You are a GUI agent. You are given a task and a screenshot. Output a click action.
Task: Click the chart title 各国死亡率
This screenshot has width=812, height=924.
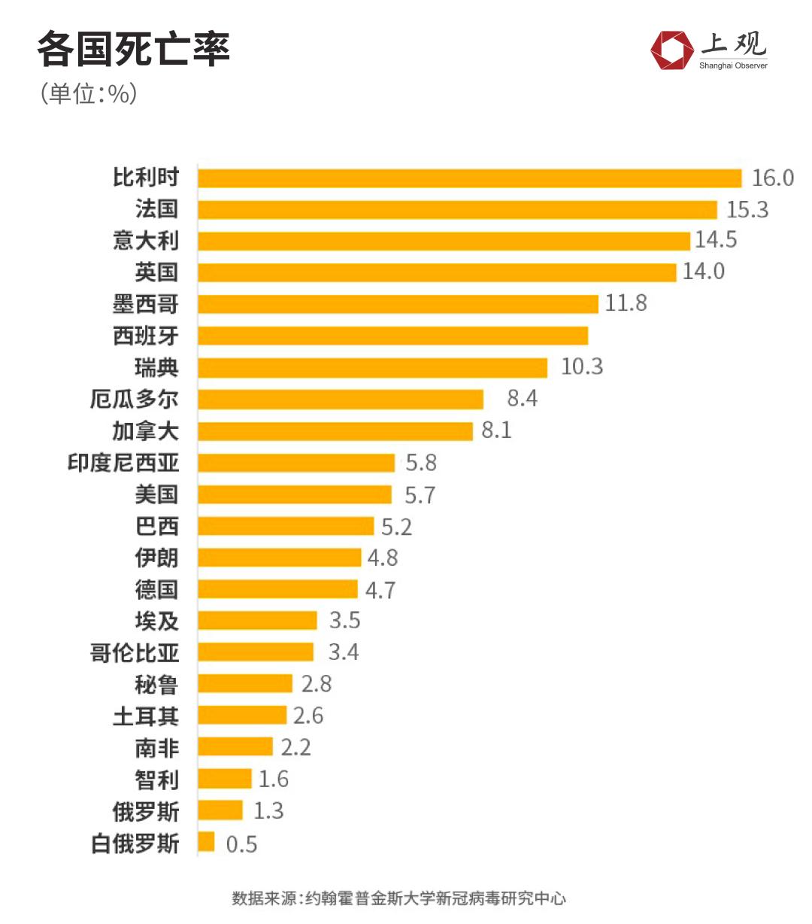click(133, 50)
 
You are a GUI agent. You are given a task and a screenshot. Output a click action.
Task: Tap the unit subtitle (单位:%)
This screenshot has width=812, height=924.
click(89, 94)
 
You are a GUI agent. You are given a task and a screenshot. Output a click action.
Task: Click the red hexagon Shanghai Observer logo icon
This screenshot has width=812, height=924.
click(671, 50)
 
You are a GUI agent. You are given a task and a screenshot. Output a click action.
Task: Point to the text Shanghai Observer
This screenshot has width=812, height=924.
click(733, 66)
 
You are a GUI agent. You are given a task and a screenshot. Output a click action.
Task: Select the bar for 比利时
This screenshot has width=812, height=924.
click(469, 178)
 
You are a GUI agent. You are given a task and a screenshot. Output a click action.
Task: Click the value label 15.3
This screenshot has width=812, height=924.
click(747, 210)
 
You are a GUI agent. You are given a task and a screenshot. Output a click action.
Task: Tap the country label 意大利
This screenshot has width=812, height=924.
click(146, 241)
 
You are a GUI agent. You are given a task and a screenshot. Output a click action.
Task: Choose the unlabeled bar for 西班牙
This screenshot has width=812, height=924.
click(392, 336)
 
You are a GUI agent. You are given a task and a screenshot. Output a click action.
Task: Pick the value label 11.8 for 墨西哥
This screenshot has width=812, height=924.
click(626, 303)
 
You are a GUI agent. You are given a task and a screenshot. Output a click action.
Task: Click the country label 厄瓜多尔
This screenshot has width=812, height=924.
click(135, 399)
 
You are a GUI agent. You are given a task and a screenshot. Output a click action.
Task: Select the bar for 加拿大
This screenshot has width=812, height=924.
click(335, 431)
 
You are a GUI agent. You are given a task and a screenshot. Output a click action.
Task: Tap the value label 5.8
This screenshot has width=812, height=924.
click(421, 463)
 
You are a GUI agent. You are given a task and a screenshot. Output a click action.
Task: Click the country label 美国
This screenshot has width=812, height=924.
click(156, 494)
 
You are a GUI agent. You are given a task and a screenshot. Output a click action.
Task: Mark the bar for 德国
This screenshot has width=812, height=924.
click(277, 589)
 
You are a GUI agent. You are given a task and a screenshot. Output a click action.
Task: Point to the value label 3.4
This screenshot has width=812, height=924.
click(344, 652)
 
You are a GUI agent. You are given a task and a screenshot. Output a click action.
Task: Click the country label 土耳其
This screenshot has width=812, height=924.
click(146, 716)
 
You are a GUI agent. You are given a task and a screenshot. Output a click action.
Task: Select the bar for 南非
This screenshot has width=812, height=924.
click(235, 747)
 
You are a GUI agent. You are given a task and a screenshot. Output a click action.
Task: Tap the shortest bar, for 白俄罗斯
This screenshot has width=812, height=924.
click(206, 842)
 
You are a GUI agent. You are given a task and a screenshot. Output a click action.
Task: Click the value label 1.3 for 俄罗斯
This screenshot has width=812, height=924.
click(268, 811)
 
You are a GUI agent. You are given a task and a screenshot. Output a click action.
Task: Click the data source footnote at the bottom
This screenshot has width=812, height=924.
click(398, 898)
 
